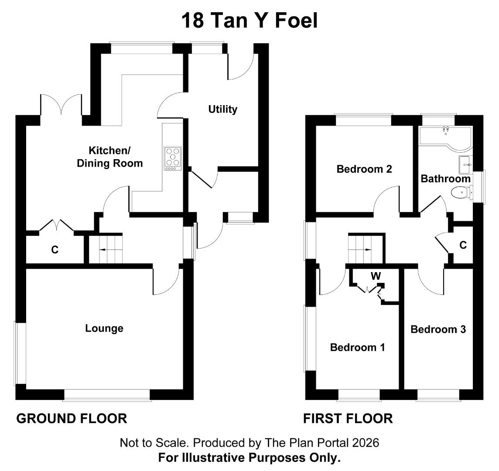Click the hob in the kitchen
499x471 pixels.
(172, 158)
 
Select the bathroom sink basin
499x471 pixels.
(466, 164)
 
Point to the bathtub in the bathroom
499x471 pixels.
(445, 138)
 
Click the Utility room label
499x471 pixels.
(223, 109)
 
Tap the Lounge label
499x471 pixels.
(104, 328)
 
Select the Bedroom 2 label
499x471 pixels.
(364, 169)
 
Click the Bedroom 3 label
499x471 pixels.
(438, 329)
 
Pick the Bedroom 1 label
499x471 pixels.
(357, 347)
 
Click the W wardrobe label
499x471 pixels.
(376, 276)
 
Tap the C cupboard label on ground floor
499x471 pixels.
(55, 250)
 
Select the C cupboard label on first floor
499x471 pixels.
(463, 245)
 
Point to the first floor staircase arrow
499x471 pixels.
(364, 249)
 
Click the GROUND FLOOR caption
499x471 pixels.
(72, 419)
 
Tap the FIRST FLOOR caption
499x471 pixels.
(348, 419)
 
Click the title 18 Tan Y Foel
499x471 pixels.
(249, 20)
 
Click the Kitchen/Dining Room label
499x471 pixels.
(110, 157)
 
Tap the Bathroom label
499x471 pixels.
(445, 178)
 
